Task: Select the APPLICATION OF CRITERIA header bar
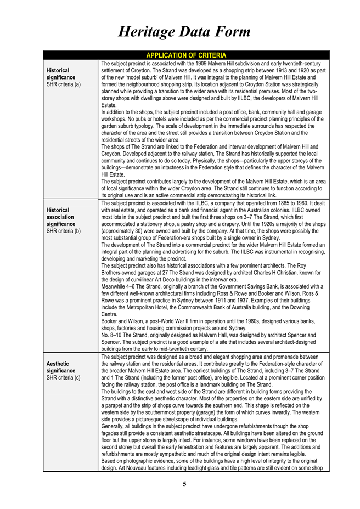[x=186, y=55]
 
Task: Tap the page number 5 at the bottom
[x=184, y=484]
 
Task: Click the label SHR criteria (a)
[x=64, y=84]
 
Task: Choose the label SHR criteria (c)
[x=64, y=377]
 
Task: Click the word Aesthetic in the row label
[x=59, y=363]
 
